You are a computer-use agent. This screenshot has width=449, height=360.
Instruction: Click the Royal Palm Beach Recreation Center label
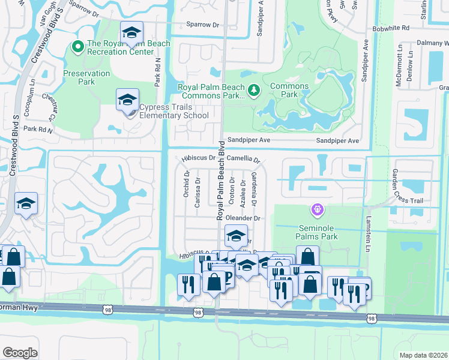128,48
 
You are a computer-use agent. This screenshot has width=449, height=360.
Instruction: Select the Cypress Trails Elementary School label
173,111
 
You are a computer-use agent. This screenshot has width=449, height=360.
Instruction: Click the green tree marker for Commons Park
255,90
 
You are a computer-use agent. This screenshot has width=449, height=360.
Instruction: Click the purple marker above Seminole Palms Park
316,210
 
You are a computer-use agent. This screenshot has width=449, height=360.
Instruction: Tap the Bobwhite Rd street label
390,28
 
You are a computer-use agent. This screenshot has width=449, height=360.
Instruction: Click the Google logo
20,353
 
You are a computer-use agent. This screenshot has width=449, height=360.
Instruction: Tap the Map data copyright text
423,355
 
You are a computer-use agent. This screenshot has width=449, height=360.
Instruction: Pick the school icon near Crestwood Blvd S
26,204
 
